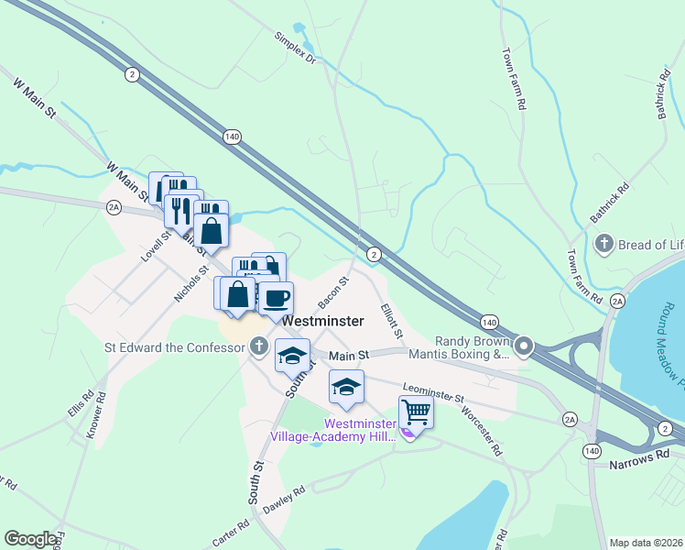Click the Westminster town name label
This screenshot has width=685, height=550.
pos(323,322)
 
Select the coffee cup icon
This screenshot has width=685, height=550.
pos(277,297)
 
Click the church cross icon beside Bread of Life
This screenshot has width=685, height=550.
pos(603,244)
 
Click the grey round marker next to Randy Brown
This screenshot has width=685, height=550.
pos(525,346)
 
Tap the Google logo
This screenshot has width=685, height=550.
pos(31,539)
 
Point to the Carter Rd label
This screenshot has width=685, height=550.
pos(231,535)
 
